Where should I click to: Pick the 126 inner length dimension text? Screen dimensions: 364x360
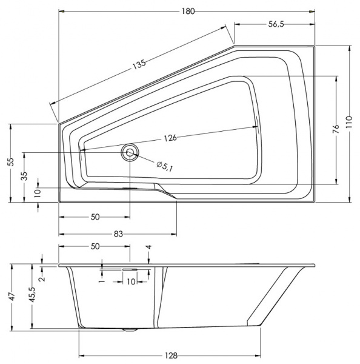(x=170, y=138)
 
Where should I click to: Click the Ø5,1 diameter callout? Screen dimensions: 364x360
(x=164, y=166)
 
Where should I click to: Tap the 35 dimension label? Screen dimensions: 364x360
(x=24, y=177)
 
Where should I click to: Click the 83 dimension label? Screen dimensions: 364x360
(x=118, y=234)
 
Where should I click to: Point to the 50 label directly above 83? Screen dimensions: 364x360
(x=95, y=217)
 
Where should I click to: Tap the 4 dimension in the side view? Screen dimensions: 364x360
(x=149, y=248)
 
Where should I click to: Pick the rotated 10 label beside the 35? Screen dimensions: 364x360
(x=38, y=192)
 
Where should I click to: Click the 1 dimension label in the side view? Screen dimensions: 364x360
(x=102, y=280)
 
